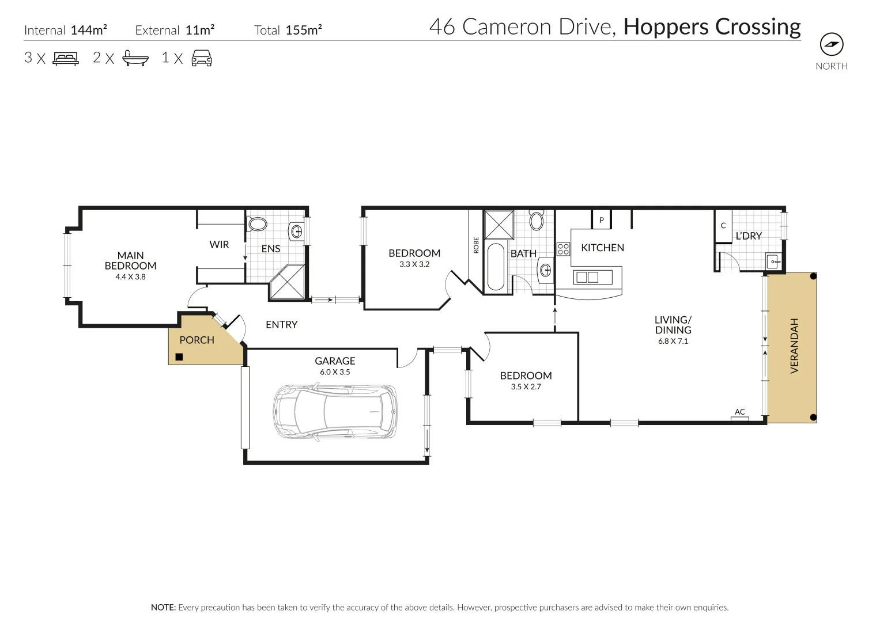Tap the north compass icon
coord(831,44)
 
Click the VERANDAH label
coord(794,346)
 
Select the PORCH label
coord(197,340)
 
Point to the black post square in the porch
coord(179,356)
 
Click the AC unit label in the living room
coord(739,412)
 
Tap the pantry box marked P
coord(601,220)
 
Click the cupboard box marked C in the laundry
coord(723,226)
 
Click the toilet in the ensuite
coord(257,224)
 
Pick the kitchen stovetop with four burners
coord(564,249)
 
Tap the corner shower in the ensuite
coord(288,283)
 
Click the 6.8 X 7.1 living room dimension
coord(673,341)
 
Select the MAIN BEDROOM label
coord(130,260)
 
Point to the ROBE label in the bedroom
coord(476,245)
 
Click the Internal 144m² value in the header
coord(89,30)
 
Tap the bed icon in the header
coord(65,58)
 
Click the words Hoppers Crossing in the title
coord(712,27)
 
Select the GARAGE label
coord(335,361)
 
